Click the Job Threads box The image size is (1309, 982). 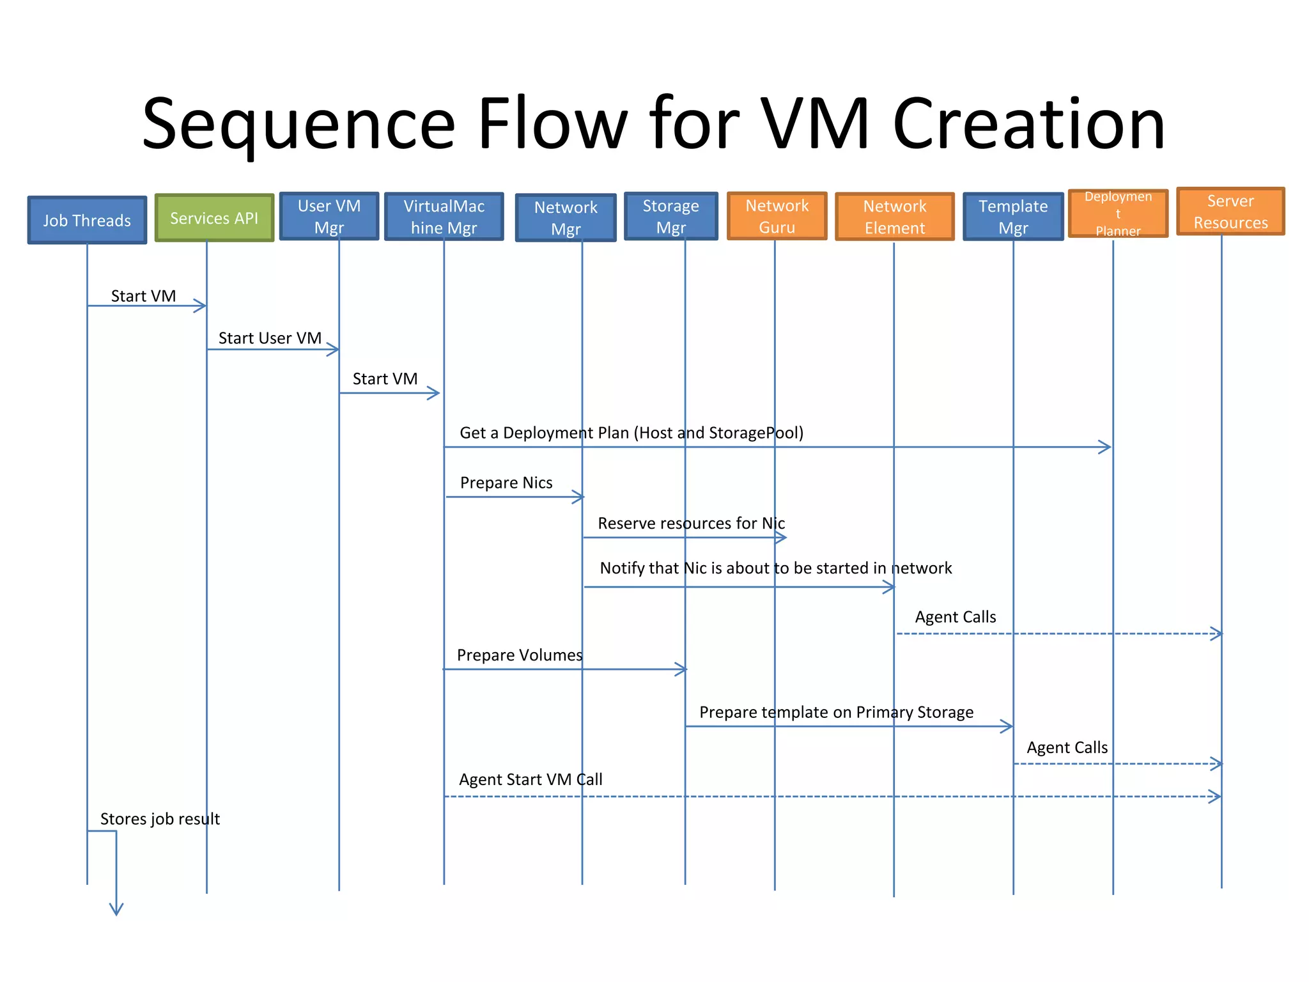point(87,220)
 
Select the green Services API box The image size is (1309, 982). point(214,218)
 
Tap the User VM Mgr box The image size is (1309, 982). point(329,216)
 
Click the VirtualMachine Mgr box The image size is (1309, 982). point(444,217)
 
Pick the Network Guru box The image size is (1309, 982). point(777,216)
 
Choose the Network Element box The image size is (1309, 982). point(894,217)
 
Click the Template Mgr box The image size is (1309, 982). point(1013,217)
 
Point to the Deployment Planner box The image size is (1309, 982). point(1118,214)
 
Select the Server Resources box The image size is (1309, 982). point(1230,212)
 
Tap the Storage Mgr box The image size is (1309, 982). point(670,216)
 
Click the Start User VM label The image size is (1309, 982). point(270,338)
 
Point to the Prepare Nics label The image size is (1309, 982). point(506,483)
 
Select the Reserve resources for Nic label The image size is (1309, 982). point(691,524)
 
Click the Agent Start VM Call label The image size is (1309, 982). point(531,779)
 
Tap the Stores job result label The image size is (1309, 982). point(160,819)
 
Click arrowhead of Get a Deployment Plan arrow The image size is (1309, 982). point(1106,447)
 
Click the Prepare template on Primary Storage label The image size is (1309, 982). point(836,712)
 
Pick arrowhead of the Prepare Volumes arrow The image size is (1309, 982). point(682,669)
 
